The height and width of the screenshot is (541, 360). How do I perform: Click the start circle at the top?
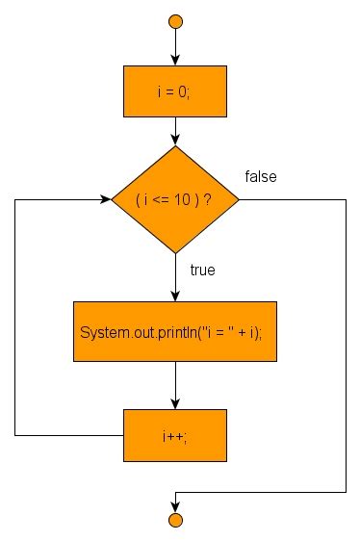click(175, 20)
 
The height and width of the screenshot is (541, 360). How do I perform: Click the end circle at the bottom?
click(175, 521)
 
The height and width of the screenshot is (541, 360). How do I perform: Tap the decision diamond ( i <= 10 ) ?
click(175, 200)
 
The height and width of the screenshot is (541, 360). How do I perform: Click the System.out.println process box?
click(175, 332)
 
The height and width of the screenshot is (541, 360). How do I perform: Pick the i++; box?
click(175, 434)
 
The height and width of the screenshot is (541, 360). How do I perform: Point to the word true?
click(202, 270)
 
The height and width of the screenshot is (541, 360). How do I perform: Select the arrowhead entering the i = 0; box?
click(175, 62)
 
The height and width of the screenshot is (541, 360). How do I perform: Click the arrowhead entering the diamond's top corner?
click(175, 141)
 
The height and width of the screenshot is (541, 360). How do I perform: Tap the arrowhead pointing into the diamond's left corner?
click(105, 200)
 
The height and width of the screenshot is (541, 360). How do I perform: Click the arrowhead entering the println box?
click(175, 296)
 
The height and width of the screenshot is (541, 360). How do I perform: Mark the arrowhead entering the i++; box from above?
click(175, 404)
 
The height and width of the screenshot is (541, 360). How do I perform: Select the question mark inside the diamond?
click(208, 200)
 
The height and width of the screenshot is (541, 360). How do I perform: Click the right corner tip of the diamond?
click(239, 200)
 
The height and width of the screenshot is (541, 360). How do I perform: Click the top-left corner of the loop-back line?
click(15, 200)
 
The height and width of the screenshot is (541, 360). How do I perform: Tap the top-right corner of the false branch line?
click(345, 200)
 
